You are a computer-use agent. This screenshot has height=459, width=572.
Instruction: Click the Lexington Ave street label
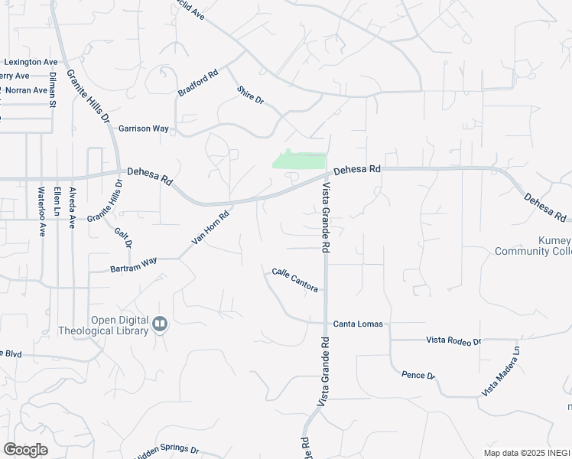31,62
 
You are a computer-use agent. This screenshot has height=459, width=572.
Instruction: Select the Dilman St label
53,89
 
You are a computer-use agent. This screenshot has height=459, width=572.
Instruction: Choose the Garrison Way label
144,129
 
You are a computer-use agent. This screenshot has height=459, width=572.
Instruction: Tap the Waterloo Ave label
42,210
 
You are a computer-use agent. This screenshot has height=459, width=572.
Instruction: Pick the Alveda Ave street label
73,208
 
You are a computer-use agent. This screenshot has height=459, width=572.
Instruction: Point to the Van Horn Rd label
210,228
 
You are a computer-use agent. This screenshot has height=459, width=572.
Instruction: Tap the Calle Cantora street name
294,280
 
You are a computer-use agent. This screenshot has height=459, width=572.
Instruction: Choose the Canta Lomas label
357,324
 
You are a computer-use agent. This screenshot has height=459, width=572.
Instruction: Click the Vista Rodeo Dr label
453,341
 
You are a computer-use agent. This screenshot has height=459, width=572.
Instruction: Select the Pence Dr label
418,376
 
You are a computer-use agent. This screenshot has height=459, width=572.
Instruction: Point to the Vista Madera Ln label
501,370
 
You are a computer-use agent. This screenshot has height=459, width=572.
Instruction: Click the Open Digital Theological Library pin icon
159,324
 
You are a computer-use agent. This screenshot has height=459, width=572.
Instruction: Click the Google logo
25,450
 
